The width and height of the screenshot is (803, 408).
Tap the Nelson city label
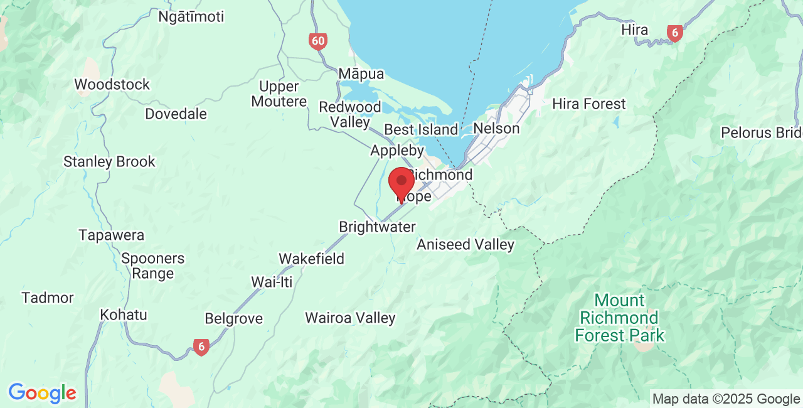[496, 128]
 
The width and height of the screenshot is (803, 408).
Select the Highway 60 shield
[318, 42]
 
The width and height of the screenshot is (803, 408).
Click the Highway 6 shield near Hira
[674, 33]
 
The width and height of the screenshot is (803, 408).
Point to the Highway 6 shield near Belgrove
[201, 346]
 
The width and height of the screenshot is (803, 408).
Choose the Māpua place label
[361, 73]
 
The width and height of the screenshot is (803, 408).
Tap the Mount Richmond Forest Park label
[619, 318]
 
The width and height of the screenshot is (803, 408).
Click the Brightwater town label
[377, 227]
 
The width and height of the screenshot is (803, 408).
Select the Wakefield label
[311, 258]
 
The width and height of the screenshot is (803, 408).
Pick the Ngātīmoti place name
[191, 16]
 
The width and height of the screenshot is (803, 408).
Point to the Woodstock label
[112, 84]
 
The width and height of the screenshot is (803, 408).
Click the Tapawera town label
[112, 235]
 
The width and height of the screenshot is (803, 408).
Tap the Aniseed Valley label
[465, 244]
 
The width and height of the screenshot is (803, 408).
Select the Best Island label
[421, 129]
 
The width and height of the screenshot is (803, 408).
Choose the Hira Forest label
[588, 104]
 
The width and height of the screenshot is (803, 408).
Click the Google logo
[42, 393]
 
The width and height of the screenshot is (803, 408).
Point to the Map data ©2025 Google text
[726, 399]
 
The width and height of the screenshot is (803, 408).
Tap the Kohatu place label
[124, 314]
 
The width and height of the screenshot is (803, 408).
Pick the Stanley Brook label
[109, 161]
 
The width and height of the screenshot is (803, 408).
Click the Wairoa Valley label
[350, 318]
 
